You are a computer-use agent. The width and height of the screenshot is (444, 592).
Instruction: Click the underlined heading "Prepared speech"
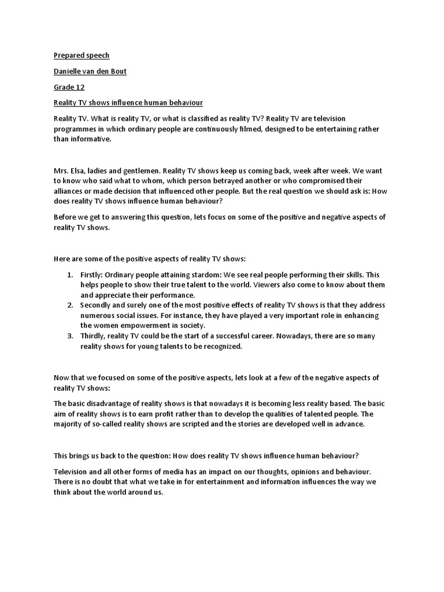coord(82,55)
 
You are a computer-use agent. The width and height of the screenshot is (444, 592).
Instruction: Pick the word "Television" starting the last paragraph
coord(73,472)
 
